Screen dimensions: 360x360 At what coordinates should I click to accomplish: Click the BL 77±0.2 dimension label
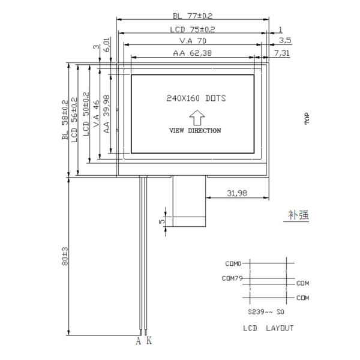(193, 16)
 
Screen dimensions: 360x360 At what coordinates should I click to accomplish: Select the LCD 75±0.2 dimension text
(193, 29)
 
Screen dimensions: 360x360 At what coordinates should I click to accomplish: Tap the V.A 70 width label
(193, 41)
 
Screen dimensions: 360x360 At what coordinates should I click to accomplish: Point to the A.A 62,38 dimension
(193, 53)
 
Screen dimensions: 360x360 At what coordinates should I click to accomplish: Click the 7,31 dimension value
(282, 53)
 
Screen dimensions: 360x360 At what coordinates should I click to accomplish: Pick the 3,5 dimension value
(285, 41)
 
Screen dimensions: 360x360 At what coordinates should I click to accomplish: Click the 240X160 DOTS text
(196, 98)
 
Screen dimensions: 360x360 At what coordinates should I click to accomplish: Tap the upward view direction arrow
(197, 118)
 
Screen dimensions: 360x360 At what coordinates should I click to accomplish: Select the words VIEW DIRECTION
(195, 131)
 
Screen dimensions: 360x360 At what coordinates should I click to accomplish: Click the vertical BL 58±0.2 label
(65, 120)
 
